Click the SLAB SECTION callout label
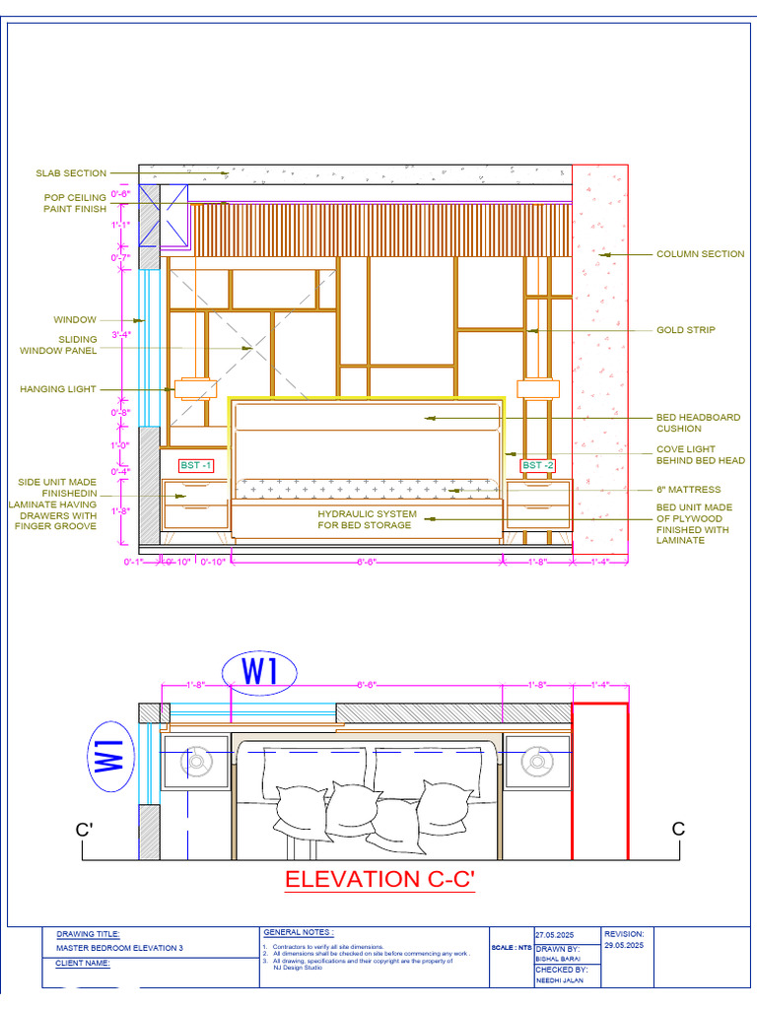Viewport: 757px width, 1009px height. coord(71,173)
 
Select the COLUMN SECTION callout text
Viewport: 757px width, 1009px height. coord(700,254)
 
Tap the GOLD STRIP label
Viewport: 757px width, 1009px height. coord(686,330)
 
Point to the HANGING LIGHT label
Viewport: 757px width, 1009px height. coord(58,389)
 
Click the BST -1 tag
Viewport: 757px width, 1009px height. coord(195,465)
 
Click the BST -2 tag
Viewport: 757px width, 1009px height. coord(538,465)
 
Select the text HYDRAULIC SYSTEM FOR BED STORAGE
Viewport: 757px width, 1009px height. coord(367,520)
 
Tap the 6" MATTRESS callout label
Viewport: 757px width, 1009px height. coord(689,490)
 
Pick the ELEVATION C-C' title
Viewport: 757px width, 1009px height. coord(379,879)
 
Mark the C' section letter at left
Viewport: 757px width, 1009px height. coord(85,830)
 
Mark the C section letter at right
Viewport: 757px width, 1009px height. coord(678,830)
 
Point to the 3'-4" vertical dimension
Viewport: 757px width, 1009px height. coord(121,335)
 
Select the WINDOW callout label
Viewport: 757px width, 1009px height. coord(75,320)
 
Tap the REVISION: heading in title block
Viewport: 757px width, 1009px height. coord(624,933)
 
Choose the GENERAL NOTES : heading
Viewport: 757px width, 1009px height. coord(298,932)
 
